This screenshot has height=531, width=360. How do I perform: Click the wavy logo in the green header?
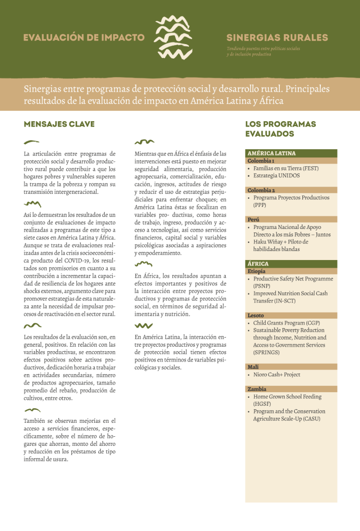(173, 38)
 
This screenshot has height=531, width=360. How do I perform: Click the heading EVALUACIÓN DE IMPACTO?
(84, 38)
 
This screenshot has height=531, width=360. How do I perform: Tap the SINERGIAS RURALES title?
(277, 38)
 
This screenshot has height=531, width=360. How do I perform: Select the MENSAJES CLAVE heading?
(59, 124)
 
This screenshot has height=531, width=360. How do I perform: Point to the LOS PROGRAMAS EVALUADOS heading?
(280, 129)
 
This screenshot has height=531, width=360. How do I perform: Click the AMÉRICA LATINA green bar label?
(271, 153)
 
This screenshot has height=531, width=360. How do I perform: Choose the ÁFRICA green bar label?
(258, 263)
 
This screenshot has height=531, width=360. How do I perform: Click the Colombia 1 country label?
(260, 161)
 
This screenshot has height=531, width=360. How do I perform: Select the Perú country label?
(253, 219)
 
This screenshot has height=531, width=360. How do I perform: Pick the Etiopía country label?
(256, 271)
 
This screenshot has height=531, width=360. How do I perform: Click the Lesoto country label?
(255, 316)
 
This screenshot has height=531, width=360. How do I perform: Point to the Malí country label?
(253, 367)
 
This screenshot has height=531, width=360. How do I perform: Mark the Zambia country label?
(257, 389)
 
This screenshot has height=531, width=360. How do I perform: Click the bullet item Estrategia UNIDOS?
(276, 176)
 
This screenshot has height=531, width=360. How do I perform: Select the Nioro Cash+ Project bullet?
(277, 375)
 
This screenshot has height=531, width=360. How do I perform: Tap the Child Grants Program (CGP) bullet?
(286, 323)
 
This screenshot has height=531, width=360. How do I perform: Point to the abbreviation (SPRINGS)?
(266, 352)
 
